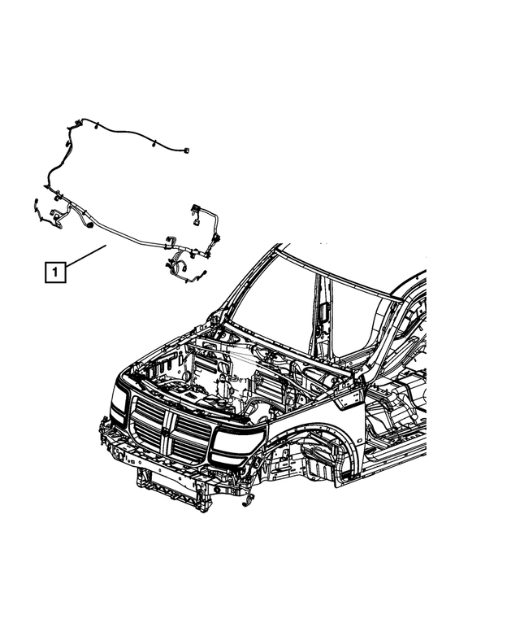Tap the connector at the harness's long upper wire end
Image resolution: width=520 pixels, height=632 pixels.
click(186, 150)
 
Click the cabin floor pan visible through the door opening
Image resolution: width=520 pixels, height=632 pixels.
click(390, 423)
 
